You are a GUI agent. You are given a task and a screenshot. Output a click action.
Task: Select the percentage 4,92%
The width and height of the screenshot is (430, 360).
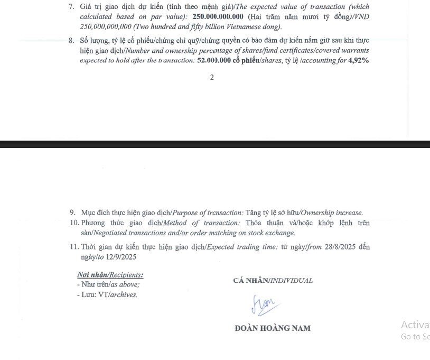click(x=358, y=60)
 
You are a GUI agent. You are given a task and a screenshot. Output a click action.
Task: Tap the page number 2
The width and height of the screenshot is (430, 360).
click(x=212, y=77)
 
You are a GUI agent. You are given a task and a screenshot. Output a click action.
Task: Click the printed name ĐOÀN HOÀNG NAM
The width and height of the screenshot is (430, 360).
click(x=273, y=328)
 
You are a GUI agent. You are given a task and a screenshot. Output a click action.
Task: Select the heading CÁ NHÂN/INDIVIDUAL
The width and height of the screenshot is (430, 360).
click(x=273, y=281)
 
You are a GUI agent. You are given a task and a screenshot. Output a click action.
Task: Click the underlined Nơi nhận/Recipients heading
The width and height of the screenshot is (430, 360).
click(x=110, y=275)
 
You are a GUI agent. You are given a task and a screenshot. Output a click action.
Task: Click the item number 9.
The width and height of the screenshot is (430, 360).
click(x=73, y=213)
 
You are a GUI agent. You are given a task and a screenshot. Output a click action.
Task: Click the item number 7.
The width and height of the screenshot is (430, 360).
click(x=72, y=7)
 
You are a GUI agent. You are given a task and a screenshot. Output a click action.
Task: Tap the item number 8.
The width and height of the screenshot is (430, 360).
click(x=72, y=41)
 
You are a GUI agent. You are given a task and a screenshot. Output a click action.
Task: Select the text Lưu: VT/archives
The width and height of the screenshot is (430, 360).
click(x=107, y=294)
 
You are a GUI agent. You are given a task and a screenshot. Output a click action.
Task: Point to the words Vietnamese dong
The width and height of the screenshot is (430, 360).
click(x=251, y=26)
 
